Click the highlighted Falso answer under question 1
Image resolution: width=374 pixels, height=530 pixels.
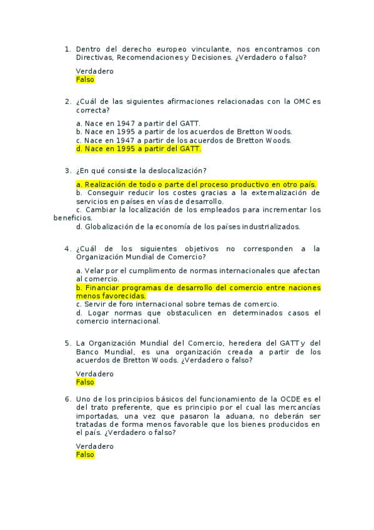coord(85,80)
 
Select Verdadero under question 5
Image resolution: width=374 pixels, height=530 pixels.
coord(94,374)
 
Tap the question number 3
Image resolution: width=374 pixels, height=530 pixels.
coord(67,171)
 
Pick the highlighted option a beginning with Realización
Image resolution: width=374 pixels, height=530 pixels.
coord(196,184)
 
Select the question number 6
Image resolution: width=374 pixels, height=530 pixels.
coord(67,398)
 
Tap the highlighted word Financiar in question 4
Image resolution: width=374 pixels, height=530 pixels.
coord(104,287)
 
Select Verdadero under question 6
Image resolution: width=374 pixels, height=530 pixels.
coord(94,446)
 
